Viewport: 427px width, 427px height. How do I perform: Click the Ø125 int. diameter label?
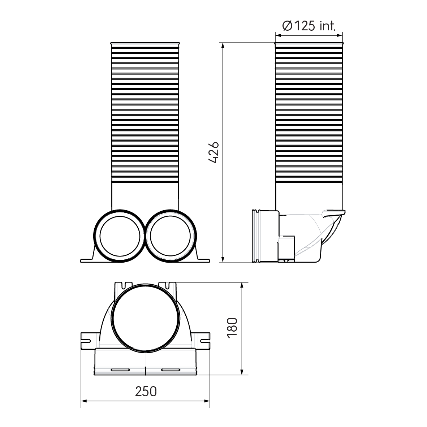[x=308, y=26]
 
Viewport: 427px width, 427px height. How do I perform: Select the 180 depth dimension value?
[x=232, y=328]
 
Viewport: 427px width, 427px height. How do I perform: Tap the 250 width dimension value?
[x=146, y=391]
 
